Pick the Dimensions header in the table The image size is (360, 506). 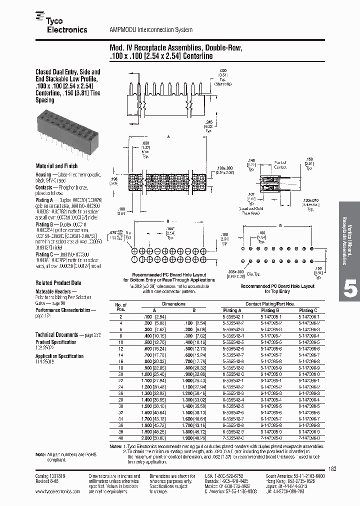(x=173, y=303)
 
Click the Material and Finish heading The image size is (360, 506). (x=56, y=165)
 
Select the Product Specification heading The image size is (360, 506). (x=56, y=342)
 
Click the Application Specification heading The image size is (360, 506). (x=59, y=356)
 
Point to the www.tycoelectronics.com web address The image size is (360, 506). (x=58, y=491)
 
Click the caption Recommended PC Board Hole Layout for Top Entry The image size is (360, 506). (x=277, y=289)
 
